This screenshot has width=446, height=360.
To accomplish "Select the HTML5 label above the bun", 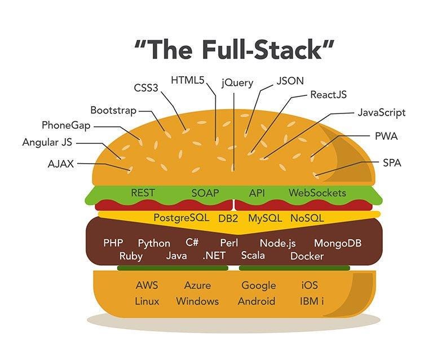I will click(188, 80).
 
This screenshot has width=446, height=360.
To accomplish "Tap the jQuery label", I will click(237, 82).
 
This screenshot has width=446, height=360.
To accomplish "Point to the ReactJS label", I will click(328, 94).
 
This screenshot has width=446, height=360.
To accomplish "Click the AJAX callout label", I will click(61, 164).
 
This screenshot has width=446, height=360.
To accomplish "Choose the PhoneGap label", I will click(67, 125).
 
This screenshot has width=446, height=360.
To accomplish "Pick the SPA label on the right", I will click(392, 163).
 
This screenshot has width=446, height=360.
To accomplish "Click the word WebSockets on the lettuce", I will click(317, 193).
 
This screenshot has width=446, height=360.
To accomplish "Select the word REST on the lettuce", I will click(143, 193).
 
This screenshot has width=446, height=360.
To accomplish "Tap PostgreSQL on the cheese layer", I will click(181, 217).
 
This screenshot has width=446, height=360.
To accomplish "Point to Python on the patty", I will click(154, 243).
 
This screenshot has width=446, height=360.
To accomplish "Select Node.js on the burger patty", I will click(277, 243).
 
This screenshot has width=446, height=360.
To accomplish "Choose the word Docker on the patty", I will click(307, 256).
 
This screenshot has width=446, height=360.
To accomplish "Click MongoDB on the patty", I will click(337, 243).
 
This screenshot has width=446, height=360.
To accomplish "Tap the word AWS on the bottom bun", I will click(147, 286).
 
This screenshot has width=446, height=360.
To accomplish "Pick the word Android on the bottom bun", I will click(256, 301).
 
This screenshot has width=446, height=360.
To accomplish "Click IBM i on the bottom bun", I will click(312, 301).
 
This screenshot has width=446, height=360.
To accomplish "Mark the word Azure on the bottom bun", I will click(197, 286).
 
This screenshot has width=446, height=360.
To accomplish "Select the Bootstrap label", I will click(113, 110).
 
